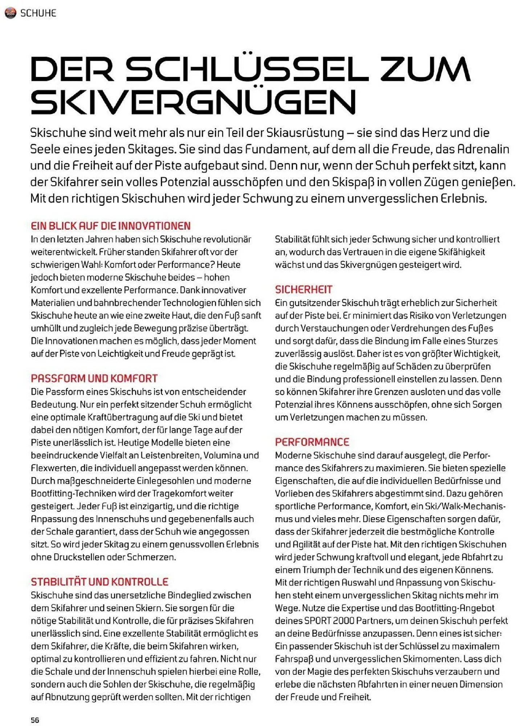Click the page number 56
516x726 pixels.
[x=35, y=720]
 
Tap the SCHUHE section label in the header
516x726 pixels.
[x=38, y=13]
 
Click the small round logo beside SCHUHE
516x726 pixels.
[x=10, y=13]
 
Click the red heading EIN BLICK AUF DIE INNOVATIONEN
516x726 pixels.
[x=111, y=226]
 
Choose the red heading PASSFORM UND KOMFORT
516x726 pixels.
[x=94, y=378]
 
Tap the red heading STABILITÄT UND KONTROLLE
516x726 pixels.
[x=99, y=582]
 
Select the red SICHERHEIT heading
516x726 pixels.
[x=304, y=289]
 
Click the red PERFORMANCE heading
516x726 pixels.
[x=312, y=442]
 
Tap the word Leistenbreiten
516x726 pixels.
[x=170, y=455]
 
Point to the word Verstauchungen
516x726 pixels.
[x=331, y=328]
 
